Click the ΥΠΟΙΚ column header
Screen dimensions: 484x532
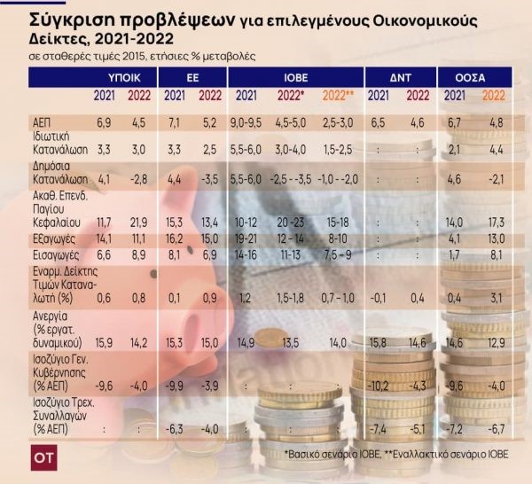pyautogui.click(x=112, y=77)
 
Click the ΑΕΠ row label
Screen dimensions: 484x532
pyautogui.click(x=41, y=122)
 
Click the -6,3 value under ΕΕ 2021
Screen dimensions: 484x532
pyautogui.click(x=175, y=430)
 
